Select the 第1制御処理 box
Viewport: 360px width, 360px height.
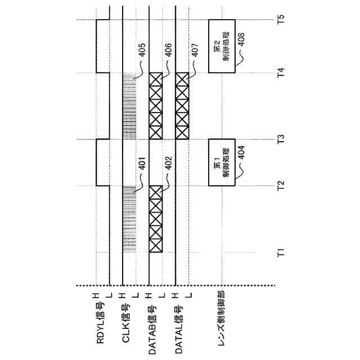point(221,162)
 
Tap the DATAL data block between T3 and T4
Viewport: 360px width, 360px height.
point(182,106)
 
